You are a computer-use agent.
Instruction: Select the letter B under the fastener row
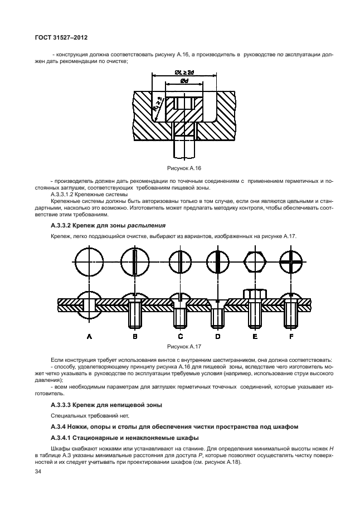click(x=134, y=337)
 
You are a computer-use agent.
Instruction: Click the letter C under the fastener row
click(x=180, y=337)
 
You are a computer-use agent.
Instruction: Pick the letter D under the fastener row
click(x=218, y=337)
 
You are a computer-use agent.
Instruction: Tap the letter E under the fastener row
click(x=255, y=337)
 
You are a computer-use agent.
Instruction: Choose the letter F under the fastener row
click(x=291, y=337)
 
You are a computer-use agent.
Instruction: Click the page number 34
click(x=38, y=472)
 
